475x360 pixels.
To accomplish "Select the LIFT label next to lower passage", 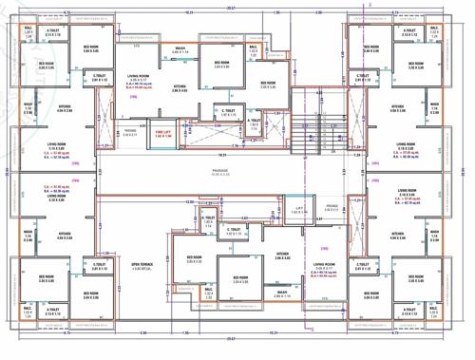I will click(x=299, y=207).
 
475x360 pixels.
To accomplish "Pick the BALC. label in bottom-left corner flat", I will click(x=28, y=309).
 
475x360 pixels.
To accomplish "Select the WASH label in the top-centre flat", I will click(x=180, y=48).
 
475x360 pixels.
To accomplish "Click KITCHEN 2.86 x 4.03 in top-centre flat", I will click(x=179, y=88).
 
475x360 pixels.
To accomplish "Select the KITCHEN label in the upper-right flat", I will click(x=397, y=108).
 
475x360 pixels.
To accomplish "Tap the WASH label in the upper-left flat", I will click(x=28, y=108).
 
